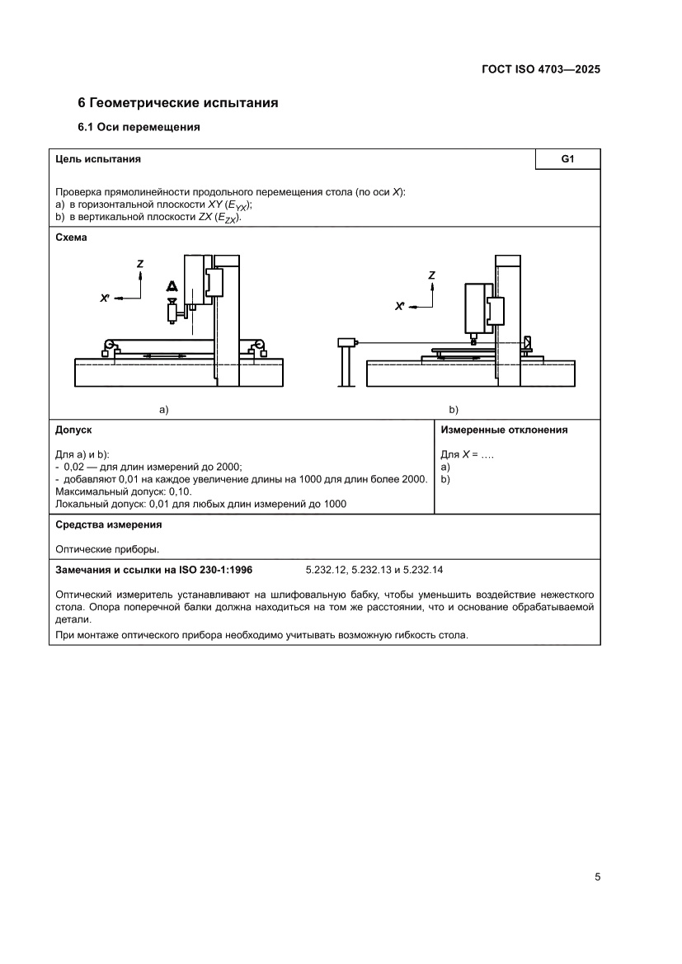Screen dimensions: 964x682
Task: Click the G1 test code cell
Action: click(567, 159)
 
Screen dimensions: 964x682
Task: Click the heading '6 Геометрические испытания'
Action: click(177, 103)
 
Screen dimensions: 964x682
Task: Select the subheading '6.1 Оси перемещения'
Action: click(139, 128)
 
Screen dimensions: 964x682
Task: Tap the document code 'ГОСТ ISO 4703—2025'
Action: click(541, 69)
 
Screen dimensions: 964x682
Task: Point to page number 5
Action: click(596, 877)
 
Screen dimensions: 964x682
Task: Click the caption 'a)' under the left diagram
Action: click(163, 409)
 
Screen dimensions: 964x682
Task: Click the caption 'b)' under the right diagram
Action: click(453, 409)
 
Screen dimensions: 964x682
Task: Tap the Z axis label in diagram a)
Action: click(140, 263)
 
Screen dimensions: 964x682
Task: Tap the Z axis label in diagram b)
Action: click(432, 275)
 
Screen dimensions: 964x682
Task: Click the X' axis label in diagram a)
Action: click(106, 298)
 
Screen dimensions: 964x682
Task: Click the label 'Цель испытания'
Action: click(97, 159)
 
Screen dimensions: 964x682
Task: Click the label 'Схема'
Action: click(71, 237)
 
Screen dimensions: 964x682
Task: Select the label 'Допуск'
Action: click(73, 430)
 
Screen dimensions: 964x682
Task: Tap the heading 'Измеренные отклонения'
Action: click(504, 430)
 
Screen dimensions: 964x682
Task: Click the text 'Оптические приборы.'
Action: click(106, 548)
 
